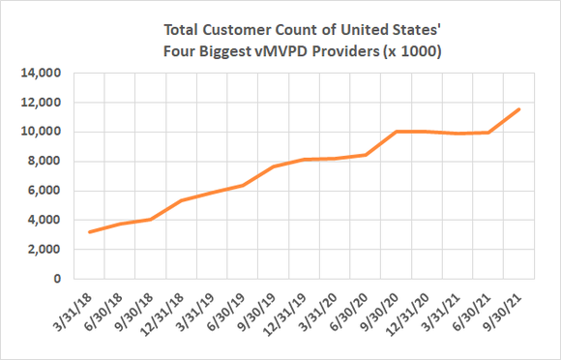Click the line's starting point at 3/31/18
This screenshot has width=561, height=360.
[x=89, y=232]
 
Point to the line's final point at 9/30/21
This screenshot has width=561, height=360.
[x=520, y=109]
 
